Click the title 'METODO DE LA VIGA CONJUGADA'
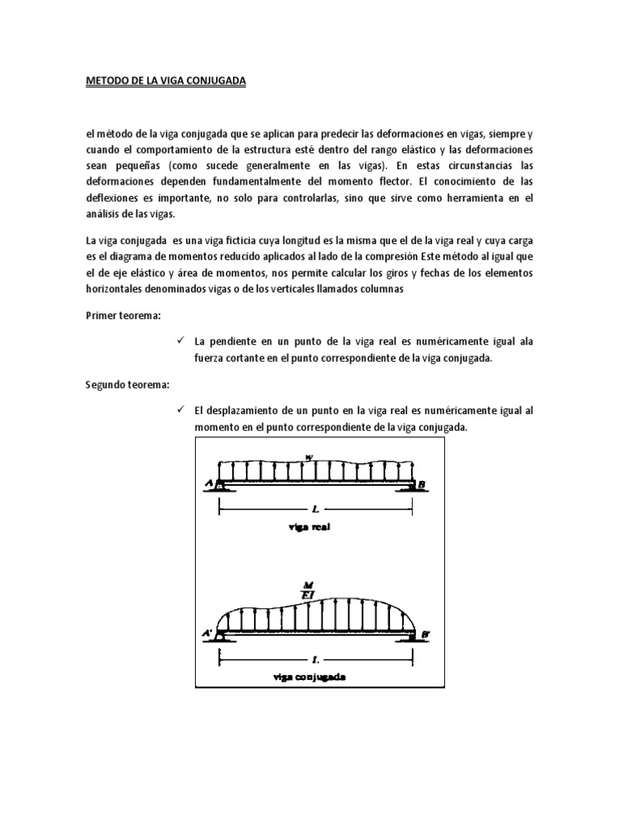tap(165, 82)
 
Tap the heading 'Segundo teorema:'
tap(126, 385)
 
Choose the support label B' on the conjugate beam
tap(424, 635)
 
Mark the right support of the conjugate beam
tap(412, 636)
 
